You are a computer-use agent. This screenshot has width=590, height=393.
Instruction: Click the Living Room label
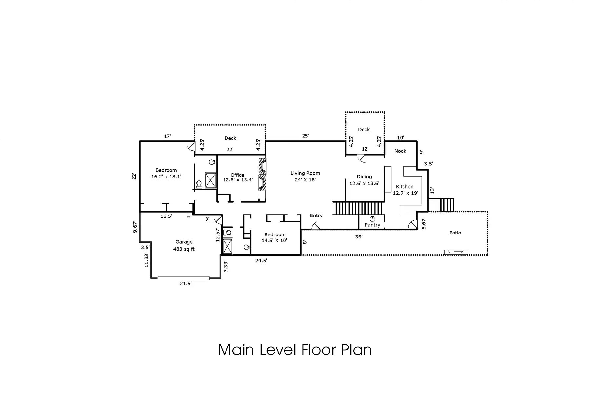coord(305,173)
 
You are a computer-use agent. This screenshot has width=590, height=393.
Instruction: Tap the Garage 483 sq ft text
coord(184,245)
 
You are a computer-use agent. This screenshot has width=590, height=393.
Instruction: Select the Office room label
coord(237,175)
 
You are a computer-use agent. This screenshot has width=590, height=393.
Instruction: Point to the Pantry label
coord(372,225)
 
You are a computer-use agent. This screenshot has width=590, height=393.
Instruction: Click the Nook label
coord(400,151)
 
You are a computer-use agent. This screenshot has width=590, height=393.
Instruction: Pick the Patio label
coord(455,233)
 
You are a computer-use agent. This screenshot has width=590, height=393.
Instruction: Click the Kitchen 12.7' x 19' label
coord(405,190)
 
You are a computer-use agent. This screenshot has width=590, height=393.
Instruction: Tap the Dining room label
coord(364,177)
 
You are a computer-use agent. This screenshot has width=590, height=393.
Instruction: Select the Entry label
coord(316,215)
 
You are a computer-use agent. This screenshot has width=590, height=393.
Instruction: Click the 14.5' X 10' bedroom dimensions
coord(274,240)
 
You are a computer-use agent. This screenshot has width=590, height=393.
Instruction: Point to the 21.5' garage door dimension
coord(186,284)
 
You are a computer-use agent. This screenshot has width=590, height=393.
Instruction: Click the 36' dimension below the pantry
coord(359,236)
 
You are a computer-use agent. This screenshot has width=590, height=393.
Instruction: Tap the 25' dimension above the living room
coord(305,136)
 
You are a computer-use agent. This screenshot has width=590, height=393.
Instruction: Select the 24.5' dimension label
coord(261,261)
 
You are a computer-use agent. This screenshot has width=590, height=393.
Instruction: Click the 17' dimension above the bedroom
coord(167,136)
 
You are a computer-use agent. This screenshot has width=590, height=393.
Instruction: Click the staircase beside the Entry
coord(358,208)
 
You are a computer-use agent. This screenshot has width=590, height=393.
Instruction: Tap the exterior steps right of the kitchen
coord(447,205)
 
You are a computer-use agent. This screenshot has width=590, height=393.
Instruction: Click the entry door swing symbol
coord(315,226)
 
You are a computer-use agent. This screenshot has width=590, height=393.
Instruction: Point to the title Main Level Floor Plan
coord(295,350)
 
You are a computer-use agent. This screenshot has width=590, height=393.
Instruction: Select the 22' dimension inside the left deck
coord(230,149)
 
